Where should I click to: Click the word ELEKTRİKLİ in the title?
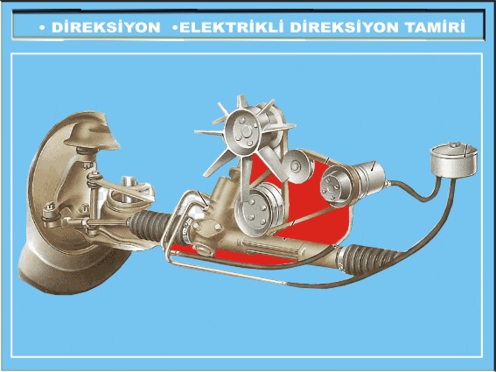[x=231, y=27]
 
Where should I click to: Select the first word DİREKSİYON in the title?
[x=106, y=27]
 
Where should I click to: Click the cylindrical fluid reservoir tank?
[x=454, y=160]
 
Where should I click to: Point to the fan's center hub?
[x=242, y=131]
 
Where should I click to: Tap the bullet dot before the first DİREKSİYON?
[x=42, y=28]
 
